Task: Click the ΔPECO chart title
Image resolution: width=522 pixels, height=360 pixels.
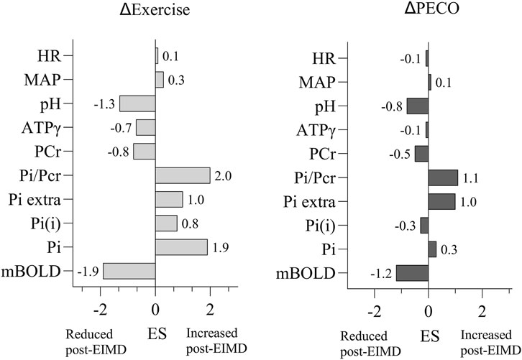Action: point(428,12)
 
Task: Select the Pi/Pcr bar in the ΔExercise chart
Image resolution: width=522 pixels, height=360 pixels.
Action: point(183,175)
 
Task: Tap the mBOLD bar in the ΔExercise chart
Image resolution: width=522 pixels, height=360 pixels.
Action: point(129,270)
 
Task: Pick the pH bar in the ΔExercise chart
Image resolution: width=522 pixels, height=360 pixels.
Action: point(137,103)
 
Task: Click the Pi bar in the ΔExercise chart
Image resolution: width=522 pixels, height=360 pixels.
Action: point(181,247)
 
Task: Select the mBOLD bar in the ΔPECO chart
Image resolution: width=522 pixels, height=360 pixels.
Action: point(412,272)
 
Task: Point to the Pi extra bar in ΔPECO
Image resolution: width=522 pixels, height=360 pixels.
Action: point(441,201)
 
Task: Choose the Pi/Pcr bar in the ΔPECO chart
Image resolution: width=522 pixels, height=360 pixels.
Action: point(443,177)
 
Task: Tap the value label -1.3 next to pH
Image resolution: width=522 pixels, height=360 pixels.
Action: point(104,104)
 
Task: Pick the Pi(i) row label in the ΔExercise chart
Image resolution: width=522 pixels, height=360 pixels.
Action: point(55,223)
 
